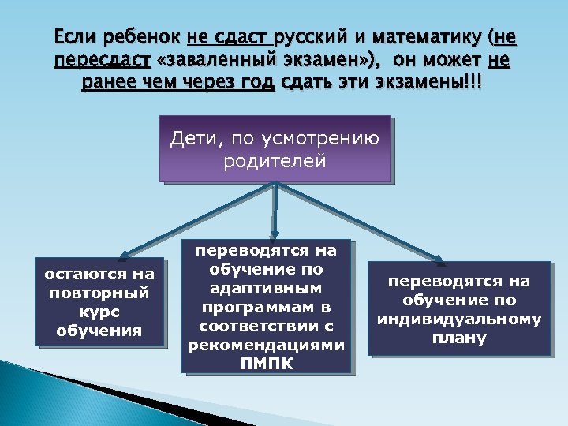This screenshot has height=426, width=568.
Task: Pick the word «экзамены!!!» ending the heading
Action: click(x=439, y=84)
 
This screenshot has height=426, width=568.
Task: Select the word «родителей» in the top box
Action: click(x=275, y=162)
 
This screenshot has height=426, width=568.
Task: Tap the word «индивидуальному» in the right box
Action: click(x=458, y=319)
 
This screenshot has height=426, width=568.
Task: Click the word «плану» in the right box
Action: click(x=458, y=338)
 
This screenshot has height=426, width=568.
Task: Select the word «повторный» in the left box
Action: click(x=99, y=293)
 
